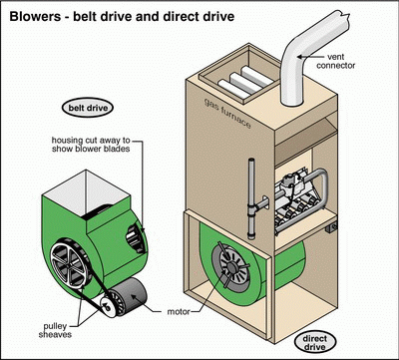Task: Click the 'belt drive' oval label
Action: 88,108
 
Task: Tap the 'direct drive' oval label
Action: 315,343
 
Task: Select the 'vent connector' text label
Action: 335,62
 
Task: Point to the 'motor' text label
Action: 179,312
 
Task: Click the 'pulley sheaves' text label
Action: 55,330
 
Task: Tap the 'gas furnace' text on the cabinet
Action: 227,114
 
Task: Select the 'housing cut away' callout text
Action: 91,145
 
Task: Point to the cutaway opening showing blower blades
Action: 136,237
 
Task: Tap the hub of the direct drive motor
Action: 230,266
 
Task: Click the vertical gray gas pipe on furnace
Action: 251,198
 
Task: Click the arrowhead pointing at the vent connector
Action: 299,57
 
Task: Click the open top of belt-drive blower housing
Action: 86,193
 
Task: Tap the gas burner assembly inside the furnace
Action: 298,202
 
